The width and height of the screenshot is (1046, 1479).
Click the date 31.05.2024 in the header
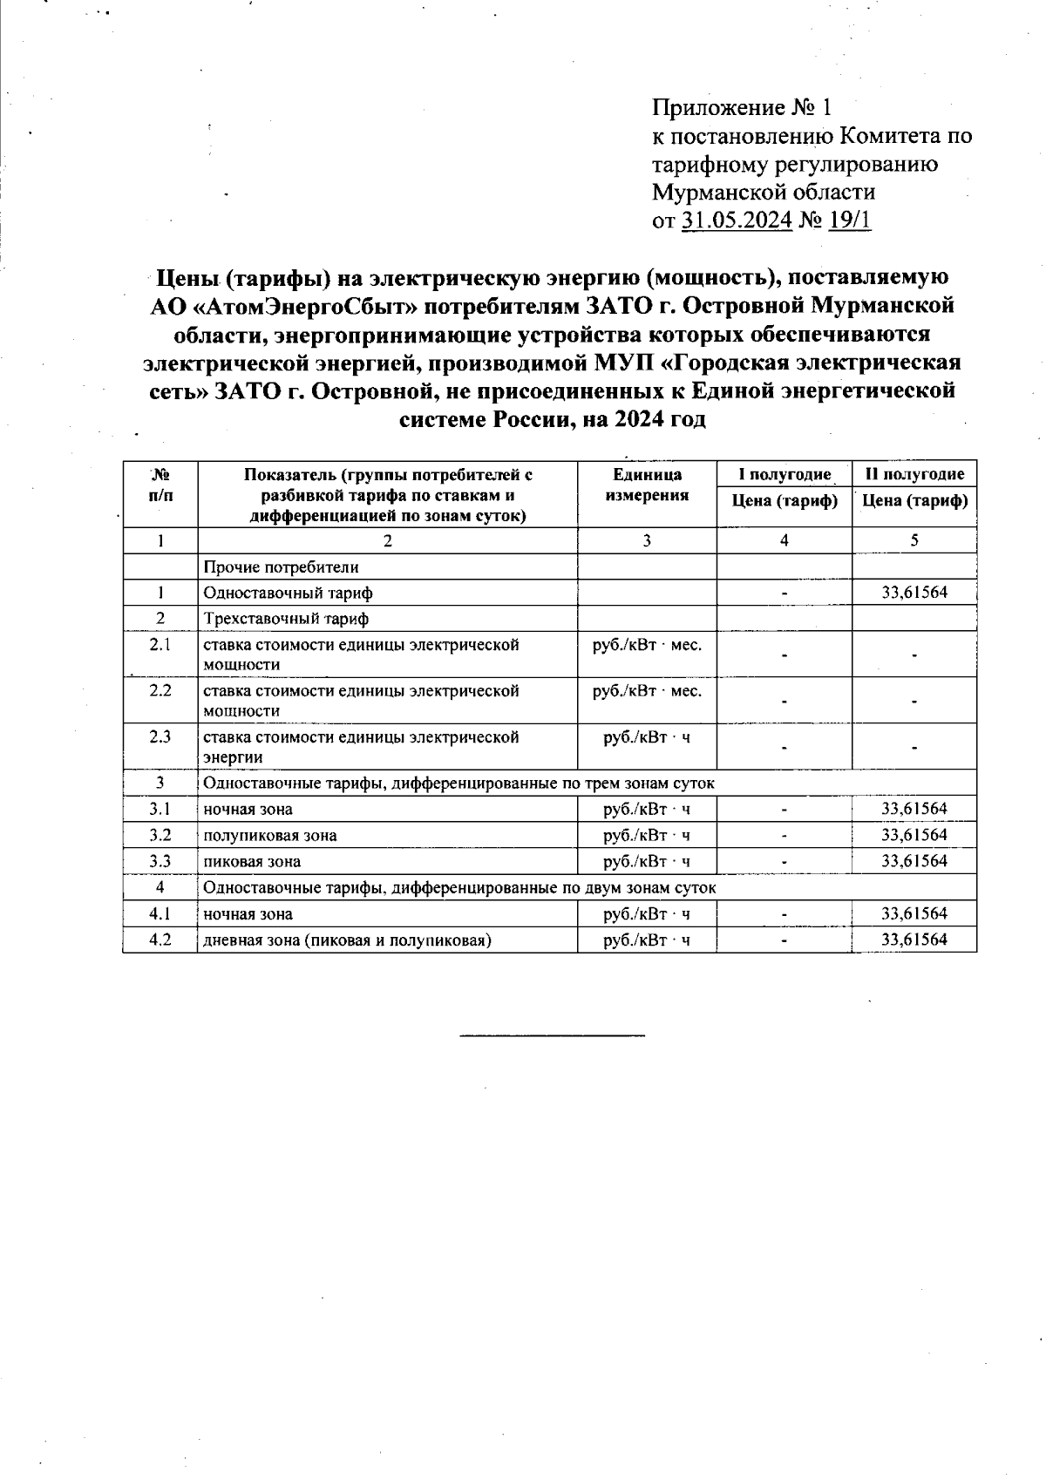(737, 220)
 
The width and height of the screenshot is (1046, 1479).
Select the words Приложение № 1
(742, 108)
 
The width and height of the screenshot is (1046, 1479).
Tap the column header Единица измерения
(647, 485)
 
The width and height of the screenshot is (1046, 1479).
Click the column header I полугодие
(784, 474)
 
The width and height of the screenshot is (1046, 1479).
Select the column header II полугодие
(914, 474)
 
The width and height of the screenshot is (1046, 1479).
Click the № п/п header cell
(160, 485)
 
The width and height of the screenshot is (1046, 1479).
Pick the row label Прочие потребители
(282, 567)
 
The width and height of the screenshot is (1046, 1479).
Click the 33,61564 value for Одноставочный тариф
(914, 593)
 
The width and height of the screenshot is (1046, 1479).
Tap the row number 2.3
(160, 736)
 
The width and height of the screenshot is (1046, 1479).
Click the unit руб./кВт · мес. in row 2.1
(647, 645)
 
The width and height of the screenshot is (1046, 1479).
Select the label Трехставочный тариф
(286, 619)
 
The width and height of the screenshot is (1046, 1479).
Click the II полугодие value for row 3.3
(914, 861)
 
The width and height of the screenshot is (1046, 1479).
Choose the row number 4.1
(160, 913)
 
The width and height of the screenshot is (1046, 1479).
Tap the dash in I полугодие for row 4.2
(784, 940)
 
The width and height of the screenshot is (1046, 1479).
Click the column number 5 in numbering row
(914, 540)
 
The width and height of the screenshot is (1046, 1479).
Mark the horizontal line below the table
(552, 1035)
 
